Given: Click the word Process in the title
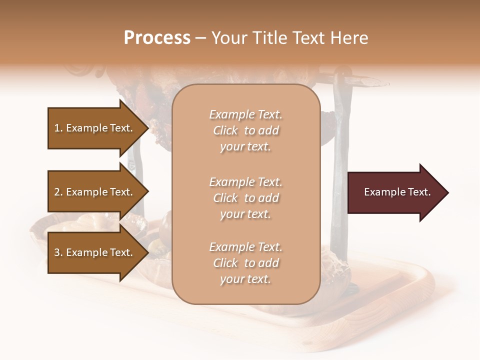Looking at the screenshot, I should (x=157, y=38).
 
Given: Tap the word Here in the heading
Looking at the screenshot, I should (x=349, y=38).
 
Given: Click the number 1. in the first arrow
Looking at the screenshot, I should (x=58, y=128).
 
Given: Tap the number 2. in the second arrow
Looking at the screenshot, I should (x=58, y=192).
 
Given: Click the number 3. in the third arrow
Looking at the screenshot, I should (x=58, y=252).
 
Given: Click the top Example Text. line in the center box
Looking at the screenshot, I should (x=245, y=114).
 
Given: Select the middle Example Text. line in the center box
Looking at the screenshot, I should (x=245, y=182).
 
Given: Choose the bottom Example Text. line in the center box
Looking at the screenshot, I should (x=245, y=247).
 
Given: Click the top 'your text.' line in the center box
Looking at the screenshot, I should (x=245, y=147).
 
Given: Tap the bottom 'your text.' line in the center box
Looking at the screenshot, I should (x=245, y=279).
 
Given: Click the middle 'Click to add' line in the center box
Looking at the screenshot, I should (x=245, y=198).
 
